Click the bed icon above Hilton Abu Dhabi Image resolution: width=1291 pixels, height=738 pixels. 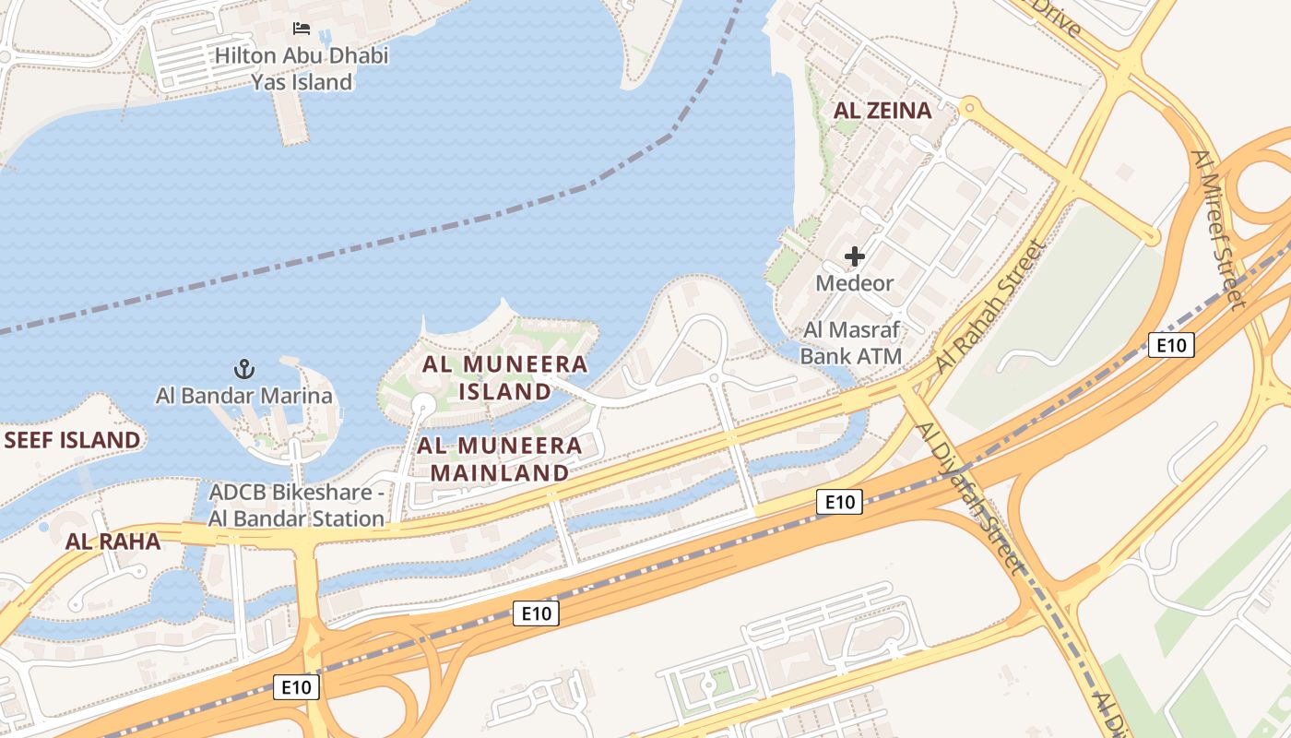302,29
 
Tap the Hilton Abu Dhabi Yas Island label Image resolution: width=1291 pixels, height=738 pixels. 302,69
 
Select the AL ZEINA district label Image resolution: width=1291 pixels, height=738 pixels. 882,111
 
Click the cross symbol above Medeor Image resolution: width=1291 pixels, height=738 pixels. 855,256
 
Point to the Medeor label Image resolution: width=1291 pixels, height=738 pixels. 854,283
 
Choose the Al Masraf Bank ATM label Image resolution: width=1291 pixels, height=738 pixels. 850,342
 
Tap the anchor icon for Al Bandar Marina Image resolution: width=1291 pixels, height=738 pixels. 243,370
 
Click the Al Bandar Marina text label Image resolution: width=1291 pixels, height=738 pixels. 243,397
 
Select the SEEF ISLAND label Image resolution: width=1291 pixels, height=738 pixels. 72,440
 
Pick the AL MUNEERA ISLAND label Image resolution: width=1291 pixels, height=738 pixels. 504,377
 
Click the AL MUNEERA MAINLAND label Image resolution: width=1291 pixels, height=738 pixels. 501,459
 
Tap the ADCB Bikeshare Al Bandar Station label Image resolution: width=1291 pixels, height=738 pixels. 296,505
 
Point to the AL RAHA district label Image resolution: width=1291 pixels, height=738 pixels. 113,542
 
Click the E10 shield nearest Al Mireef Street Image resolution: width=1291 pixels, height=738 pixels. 1171,345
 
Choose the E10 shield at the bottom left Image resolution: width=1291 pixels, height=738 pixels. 296,686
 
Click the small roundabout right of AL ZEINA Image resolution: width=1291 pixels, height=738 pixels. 968,107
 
